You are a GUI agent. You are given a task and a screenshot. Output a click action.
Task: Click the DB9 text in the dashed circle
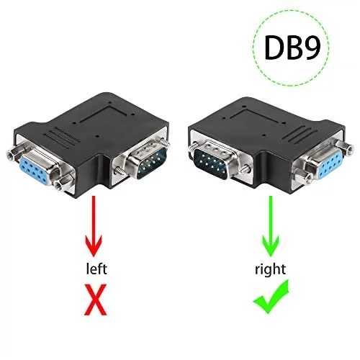pyautogui.click(x=292, y=48)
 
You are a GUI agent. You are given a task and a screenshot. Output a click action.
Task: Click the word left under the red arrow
pyautogui.click(x=96, y=269)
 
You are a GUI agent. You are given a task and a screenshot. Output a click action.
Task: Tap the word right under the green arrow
pyautogui.click(x=270, y=270)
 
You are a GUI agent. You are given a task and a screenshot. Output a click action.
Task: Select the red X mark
pyautogui.click(x=95, y=300)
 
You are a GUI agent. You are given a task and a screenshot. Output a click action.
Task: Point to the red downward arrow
pyautogui.click(x=94, y=226)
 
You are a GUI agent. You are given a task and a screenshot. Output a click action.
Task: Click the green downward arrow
pyautogui.click(x=271, y=226)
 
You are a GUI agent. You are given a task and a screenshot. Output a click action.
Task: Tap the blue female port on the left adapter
pyautogui.click(x=36, y=166)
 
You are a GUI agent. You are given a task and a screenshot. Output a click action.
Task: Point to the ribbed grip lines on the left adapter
pyautogui.click(x=61, y=138)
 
